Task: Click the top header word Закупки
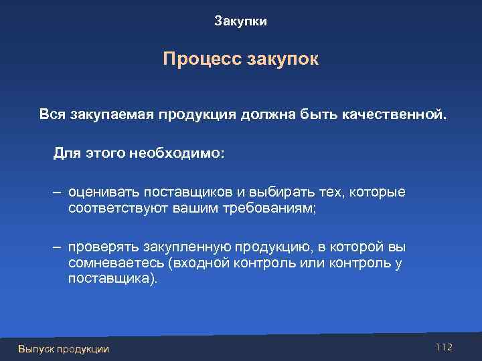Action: pyautogui.click(x=240, y=21)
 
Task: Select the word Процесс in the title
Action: pyautogui.click(x=194, y=59)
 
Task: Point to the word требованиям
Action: pyautogui.click(x=263, y=209)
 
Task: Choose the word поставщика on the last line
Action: pyautogui.click(x=110, y=279)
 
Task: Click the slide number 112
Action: pyautogui.click(x=444, y=347)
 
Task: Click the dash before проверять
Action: pyautogui.click(x=58, y=247)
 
